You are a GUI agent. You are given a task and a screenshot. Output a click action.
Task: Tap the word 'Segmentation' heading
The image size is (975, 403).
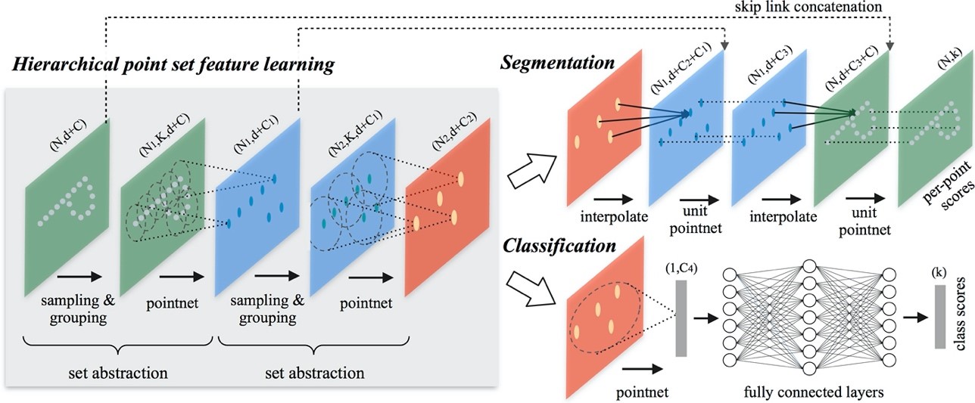(558, 63)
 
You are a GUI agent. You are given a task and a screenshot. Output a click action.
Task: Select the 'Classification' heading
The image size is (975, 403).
(559, 246)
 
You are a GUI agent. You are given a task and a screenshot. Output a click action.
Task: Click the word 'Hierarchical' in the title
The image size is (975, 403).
(65, 64)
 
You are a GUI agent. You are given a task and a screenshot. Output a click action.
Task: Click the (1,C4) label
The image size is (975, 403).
(681, 268)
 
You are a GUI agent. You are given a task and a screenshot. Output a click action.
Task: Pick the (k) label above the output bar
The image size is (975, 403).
(939, 273)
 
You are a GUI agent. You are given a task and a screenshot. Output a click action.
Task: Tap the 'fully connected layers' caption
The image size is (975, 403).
(814, 392)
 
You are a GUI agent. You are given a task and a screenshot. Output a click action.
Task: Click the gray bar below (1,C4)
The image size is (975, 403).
(681, 318)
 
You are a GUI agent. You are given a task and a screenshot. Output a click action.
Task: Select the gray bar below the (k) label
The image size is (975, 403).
(940, 317)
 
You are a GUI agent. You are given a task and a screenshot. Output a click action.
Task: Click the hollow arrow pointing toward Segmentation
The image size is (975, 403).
(532, 172)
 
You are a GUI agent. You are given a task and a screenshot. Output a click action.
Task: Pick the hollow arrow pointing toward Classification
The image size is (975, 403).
(532, 289)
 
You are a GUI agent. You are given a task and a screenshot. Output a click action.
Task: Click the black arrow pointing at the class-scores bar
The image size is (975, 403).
(916, 318)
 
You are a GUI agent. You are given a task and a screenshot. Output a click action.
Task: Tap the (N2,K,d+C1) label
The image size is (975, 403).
(355, 134)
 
